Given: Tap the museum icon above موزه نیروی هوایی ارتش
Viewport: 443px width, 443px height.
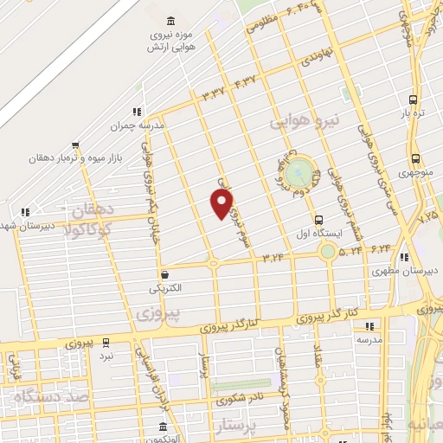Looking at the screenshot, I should pos(168,21).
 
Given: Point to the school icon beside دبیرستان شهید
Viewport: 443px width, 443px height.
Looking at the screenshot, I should pos(25,211).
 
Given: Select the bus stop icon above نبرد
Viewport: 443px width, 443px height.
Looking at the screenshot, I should pos(106,342).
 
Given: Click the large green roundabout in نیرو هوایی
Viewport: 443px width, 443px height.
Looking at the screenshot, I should pos(297,170).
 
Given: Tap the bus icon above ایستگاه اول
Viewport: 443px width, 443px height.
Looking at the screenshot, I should pos(319,220).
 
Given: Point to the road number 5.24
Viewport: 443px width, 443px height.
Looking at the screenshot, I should pos(351,252).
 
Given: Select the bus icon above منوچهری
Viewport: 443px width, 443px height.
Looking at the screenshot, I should pos(416,158).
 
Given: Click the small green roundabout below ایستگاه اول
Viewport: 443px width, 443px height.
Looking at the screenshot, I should pos(327,252).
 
